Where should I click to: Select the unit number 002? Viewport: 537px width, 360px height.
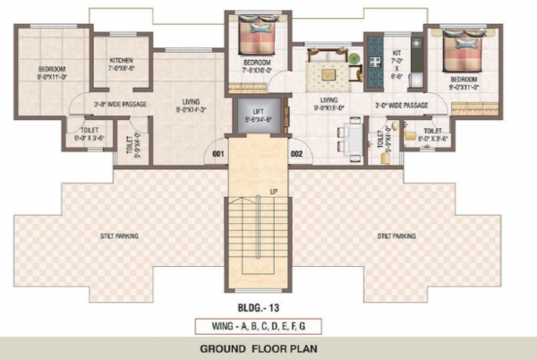296,154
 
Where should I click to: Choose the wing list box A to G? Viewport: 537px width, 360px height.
268,323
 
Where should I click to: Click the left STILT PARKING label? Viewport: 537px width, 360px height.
118,236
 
